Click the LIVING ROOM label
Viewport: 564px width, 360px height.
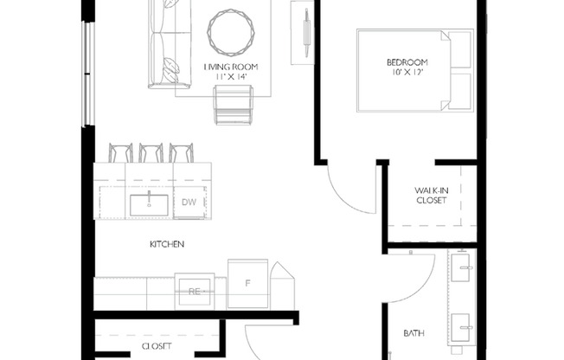click(x=231, y=67)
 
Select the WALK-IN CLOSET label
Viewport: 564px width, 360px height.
click(x=430, y=194)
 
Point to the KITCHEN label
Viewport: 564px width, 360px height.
click(x=167, y=245)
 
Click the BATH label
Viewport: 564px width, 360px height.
click(x=414, y=333)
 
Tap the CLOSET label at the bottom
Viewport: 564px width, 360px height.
click(x=156, y=346)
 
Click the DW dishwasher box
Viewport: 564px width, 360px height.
click(x=189, y=202)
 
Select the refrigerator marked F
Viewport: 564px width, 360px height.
click(x=247, y=282)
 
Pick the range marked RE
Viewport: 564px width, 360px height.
click(x=195, y=292)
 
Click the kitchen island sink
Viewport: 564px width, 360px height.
click(x=149, y=204)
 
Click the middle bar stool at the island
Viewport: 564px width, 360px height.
click(x=151, y=153)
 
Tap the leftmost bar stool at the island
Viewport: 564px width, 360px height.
click(x=120, y=153)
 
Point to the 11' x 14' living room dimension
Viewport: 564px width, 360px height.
click(x=231, y=77)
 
